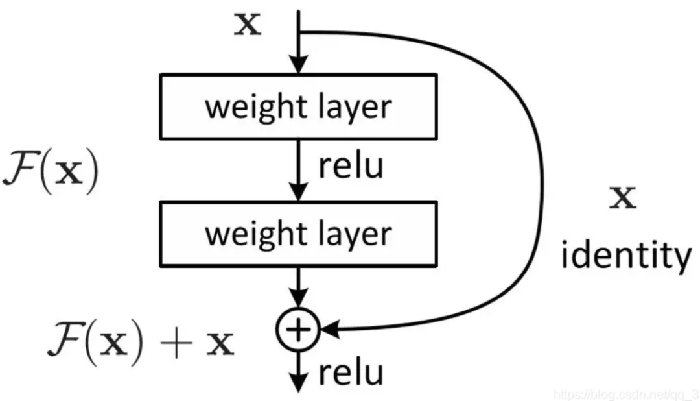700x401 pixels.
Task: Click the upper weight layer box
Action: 297,106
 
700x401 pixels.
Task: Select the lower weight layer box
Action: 297,234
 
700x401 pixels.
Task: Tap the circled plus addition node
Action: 297,330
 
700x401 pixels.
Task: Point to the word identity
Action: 625,256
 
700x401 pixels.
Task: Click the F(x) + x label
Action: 139,343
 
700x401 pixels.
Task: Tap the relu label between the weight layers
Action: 351,166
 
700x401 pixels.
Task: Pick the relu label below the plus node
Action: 351,373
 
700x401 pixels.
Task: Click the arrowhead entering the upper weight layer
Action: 297,65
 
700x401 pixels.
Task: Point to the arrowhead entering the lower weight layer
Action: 297,193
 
